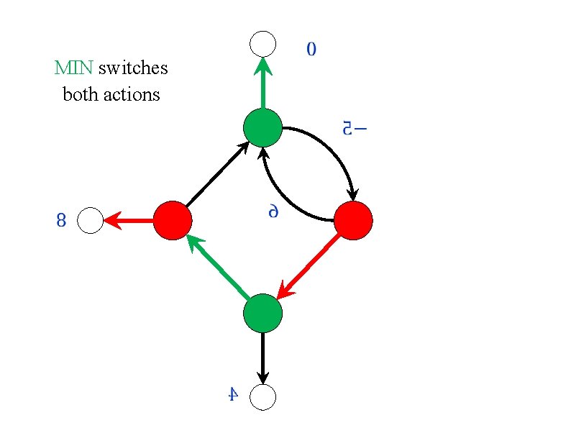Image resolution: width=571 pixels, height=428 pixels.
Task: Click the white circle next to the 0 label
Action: point(262,43)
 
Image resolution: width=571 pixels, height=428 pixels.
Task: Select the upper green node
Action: point(262,128)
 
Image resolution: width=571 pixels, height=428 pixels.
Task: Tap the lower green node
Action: point(262,313)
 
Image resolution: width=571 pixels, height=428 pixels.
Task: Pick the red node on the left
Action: point(173,220)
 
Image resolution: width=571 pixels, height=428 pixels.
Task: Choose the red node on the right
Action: point(353,220)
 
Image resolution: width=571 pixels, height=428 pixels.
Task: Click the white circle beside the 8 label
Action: point(91,221)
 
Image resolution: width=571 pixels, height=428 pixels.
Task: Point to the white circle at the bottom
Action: point(262,396)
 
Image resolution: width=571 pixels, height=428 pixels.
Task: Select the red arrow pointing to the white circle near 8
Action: point(129,221)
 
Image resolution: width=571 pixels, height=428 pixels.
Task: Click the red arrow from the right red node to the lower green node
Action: point(309,265)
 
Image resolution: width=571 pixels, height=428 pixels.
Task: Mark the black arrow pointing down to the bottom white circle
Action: point(262,356)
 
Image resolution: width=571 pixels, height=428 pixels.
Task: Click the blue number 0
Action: point(311,50)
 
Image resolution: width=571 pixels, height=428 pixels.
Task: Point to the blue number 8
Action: point(61,221)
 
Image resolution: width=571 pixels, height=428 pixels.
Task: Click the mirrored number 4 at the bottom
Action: point(232,394)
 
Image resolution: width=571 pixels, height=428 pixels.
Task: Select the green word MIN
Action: point(74,68)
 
